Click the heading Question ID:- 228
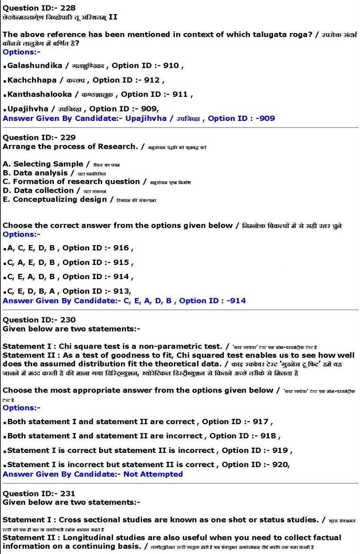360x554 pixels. tap(39, 8)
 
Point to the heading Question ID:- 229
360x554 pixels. tap(39, 137)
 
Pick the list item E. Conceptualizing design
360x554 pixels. tap(55, 199)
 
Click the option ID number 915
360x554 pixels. tap(120, 262)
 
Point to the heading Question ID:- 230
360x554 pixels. tap(39, 320)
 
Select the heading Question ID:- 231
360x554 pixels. tap(39, 494)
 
